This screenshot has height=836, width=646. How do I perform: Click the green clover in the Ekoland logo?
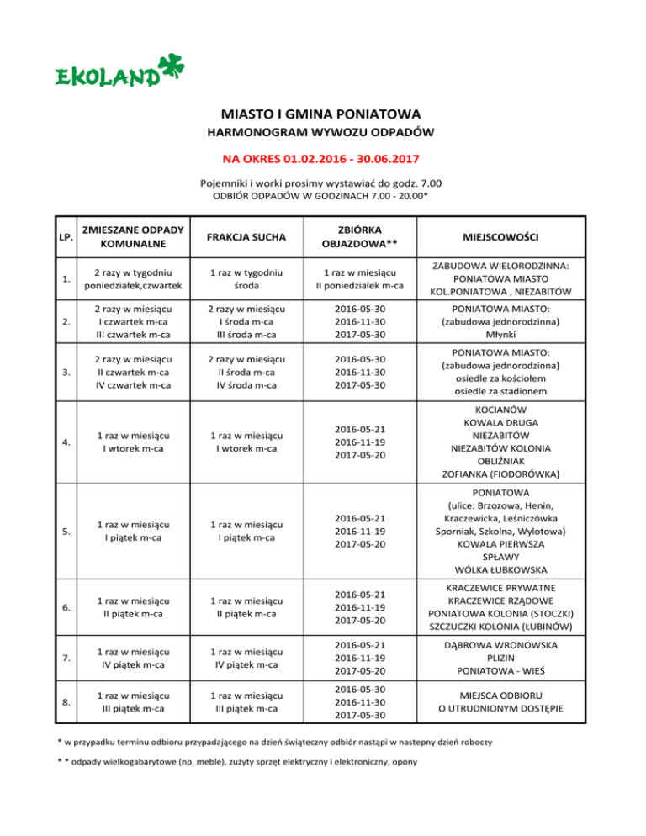(x=172, y=68)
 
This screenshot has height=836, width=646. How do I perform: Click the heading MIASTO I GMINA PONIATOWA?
(x=322, y=114)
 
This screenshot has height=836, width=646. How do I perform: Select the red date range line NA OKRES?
(x=322, y=157)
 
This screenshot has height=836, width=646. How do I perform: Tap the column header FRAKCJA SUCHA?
(x=246, y=237)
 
